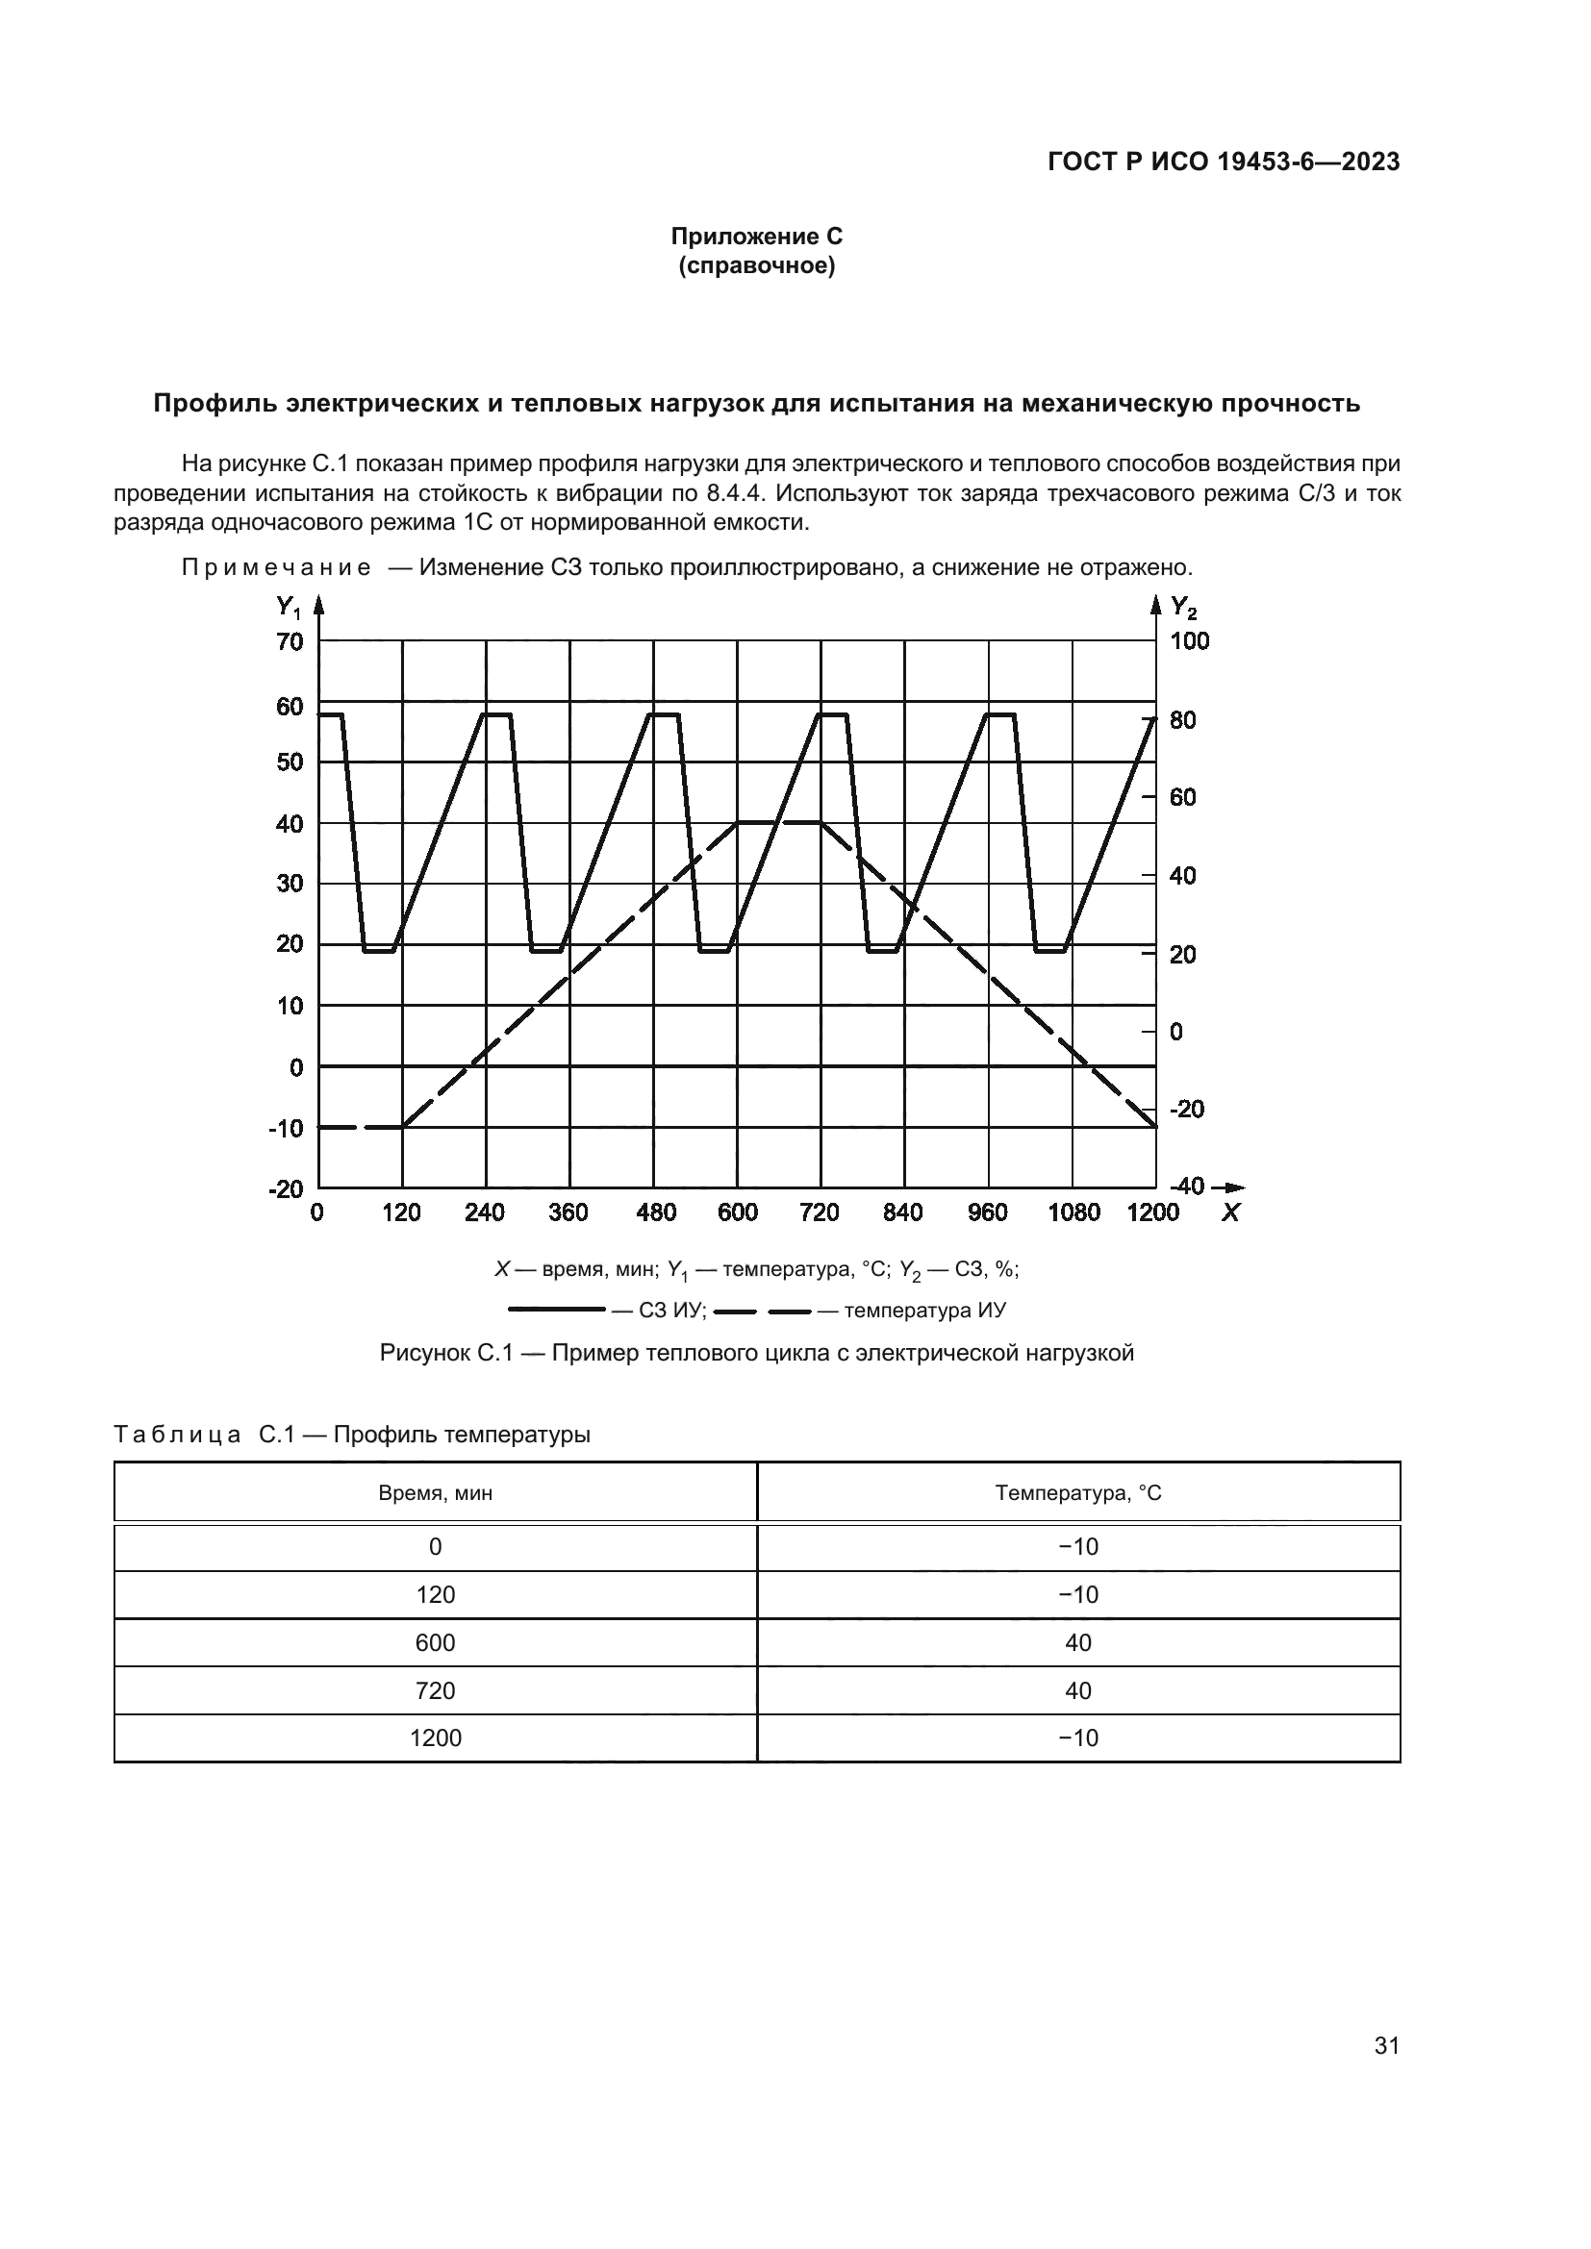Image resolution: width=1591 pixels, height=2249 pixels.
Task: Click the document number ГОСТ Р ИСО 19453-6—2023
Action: coord(1223,162)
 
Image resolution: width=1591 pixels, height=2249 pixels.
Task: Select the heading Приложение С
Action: coord(756,237)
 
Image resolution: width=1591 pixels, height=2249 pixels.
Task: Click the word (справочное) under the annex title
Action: coord(756,265)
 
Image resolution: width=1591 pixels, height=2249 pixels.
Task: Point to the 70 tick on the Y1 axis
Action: coord(290,641)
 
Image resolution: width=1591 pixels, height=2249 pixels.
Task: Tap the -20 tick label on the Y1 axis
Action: coord(286,1188)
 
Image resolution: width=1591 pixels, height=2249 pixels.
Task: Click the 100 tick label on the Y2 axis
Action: coord(1189,641)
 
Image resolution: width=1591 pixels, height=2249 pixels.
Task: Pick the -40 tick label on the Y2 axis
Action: coord(1186,1187)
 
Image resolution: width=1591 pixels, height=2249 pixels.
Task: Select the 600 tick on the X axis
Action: coord(738,1212)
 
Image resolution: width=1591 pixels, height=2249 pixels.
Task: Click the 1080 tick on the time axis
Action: coord(1073,1212)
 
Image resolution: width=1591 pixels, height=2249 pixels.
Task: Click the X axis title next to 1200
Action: coord(1230,1212)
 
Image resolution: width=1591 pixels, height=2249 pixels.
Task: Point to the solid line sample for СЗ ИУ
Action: coord(556,1310)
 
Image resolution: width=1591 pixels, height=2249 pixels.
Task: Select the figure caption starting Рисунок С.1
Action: coord(756,1354)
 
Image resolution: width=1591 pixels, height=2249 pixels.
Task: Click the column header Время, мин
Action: coord(435,1494)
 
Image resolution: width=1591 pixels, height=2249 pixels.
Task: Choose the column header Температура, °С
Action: coord(1077,1494)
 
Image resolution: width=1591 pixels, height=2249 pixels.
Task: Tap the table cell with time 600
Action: coord(435,1642)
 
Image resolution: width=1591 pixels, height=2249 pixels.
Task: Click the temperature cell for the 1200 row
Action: coord(1077,1737)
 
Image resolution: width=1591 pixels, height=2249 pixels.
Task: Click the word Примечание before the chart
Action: coord(276,568)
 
